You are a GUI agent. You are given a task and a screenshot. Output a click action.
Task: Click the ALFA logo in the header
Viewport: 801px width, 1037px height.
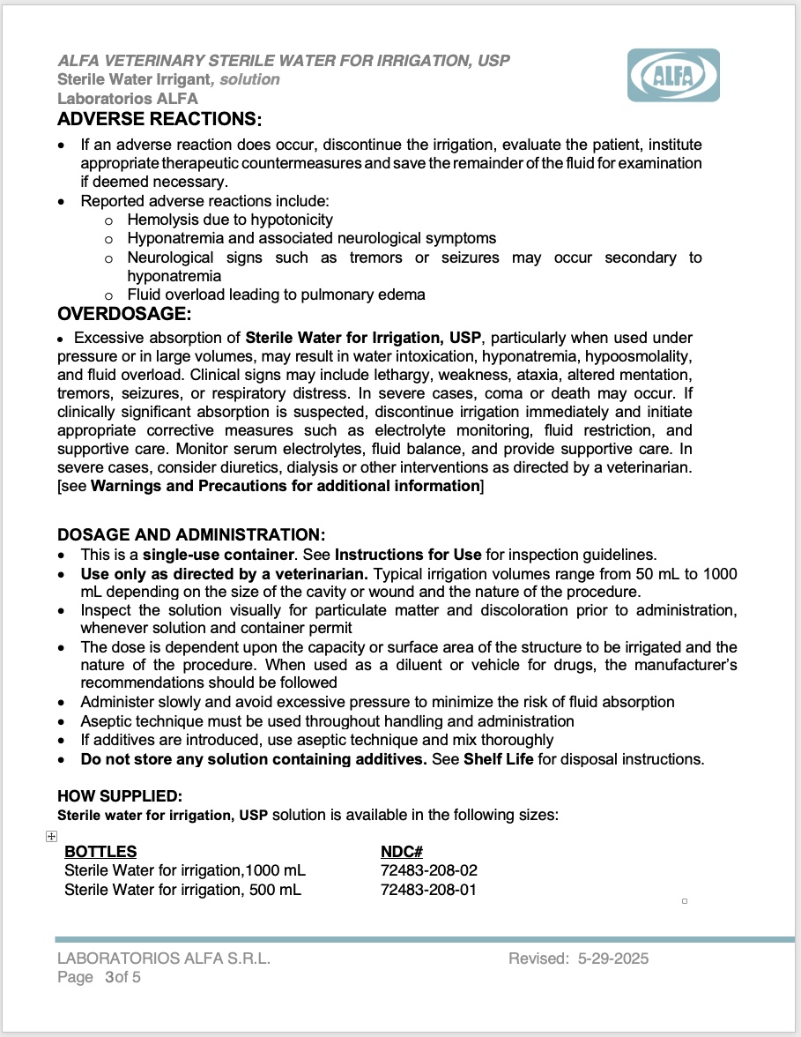(x=673, y=76)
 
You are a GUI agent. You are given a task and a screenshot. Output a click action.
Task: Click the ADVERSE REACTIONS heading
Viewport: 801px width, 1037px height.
(x=159, y=118)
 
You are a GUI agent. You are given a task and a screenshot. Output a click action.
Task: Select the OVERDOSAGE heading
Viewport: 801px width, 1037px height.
(x=124, y=314)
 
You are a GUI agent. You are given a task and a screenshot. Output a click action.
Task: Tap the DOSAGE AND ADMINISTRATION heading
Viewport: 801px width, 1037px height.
(x=191, y=535)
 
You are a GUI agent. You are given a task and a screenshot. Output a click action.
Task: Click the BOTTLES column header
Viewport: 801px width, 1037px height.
(x=100, y=852)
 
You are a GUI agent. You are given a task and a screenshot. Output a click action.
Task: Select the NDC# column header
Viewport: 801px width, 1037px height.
(x=402, y=852)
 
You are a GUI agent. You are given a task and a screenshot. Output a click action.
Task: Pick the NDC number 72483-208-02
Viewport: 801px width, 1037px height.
(x=428, y=871)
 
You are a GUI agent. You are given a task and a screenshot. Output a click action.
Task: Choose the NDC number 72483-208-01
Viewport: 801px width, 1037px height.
(x=428, y=890)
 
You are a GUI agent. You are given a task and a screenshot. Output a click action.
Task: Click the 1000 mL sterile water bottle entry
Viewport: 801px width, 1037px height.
(x=185, y=871)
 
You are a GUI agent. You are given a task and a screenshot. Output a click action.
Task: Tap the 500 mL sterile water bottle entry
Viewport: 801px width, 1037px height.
(x=182, y=890)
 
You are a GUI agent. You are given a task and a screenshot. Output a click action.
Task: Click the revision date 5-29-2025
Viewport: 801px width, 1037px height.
(x=613, y=959)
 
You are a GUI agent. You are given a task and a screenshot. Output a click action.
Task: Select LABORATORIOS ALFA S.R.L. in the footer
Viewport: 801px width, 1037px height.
(x=164, y=959)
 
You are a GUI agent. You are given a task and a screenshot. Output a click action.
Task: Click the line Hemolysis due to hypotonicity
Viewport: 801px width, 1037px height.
(x=230, y=220)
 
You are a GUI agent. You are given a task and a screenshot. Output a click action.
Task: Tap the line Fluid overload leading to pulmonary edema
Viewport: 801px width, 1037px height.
(x=276, y=295)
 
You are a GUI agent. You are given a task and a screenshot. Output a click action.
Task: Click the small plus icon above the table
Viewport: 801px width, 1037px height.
(x=51, y=837)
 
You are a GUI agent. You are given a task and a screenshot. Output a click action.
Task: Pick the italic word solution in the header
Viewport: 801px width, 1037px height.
(x=250, y=79)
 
